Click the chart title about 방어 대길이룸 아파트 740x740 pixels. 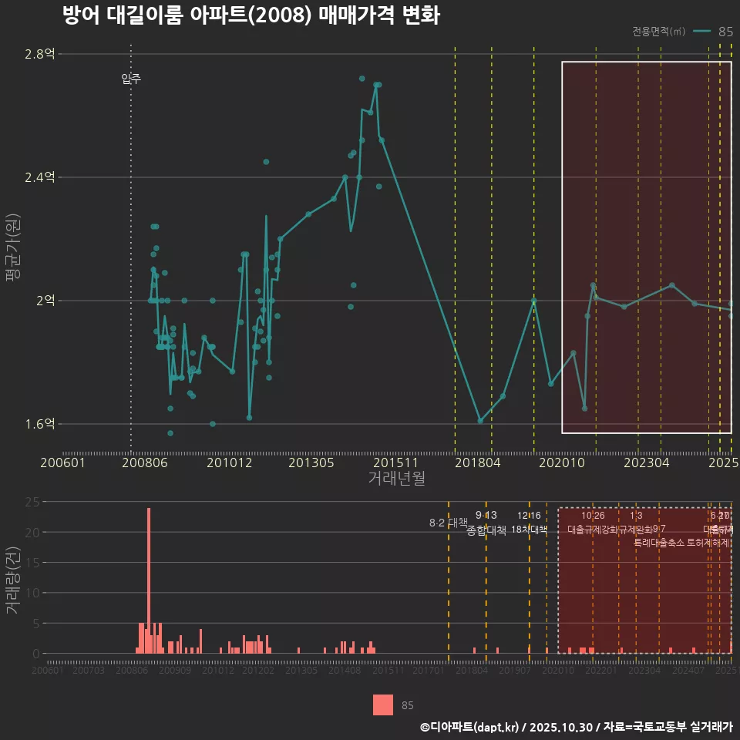coord(251,15)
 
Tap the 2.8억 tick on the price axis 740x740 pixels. coord(39,54)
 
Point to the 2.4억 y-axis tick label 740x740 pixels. coord(39,177)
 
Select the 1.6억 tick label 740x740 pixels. coord(39,424)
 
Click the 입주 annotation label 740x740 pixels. coord(131,79)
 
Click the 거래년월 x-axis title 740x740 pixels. coord(396,479)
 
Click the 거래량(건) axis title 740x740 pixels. coord(12,580)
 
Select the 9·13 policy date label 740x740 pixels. coord(486,515)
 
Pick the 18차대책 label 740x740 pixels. coord(529,530)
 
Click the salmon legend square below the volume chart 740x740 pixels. coord(383,705)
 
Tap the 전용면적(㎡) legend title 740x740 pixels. coord(658,32)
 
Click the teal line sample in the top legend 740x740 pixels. coord(701,32)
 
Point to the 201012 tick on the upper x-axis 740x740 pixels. coord(229,463)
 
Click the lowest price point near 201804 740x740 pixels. coord(480,421)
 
